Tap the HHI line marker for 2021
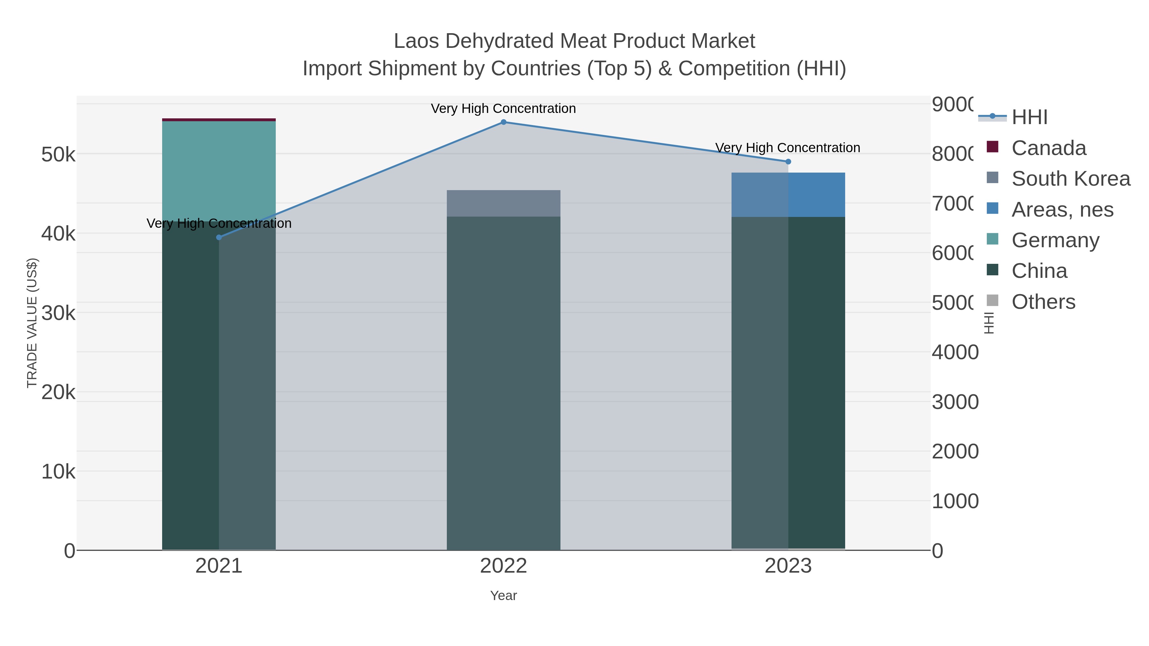[x=219, y=237]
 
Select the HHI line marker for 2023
[x=788, y=161]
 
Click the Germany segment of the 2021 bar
[x=219, y=169]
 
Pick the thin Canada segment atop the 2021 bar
[x=219, y=120]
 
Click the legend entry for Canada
[x=1048, y=148]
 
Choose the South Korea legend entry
[x=1070, y=179]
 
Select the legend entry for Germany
[x=1055, y=240]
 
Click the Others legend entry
[x=1043, y=302]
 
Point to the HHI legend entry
[x=1029, y=117]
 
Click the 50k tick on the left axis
[x=58, y=155]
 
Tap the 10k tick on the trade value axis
[x=58, y=471]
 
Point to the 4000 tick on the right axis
[x=955, y=352]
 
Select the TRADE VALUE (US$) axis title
[x=32, y=323]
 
